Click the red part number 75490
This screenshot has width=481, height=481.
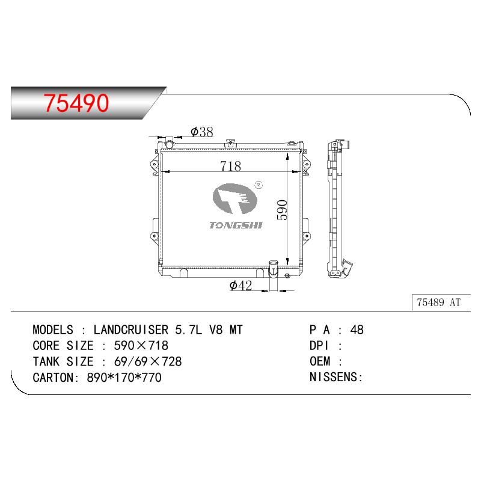coord(76,103)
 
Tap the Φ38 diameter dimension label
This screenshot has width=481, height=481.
coord(201,132)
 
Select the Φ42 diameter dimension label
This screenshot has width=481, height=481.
coord(240,285)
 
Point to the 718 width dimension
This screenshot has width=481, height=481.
coord(230,167)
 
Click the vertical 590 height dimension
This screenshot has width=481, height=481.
coord(282,210)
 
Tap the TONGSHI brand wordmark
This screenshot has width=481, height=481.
coord(236,225)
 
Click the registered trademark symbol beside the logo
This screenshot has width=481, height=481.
coord(259,185)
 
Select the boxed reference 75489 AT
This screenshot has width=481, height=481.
coord(439,302)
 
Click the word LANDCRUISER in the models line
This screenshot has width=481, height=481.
coord(131,329)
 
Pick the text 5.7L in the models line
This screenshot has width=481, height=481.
coord(189,329)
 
